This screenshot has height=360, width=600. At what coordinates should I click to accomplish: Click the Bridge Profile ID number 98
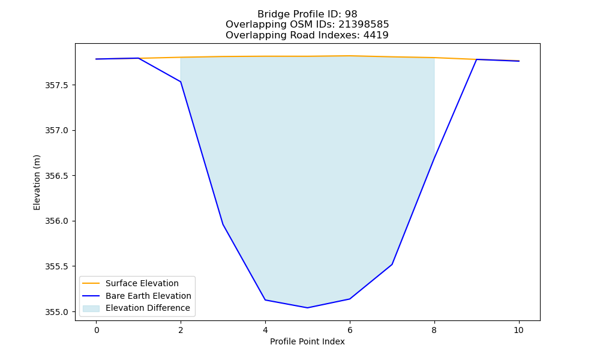(x=351, y=14)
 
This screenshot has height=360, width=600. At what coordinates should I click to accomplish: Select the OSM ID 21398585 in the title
(x=364, y=25)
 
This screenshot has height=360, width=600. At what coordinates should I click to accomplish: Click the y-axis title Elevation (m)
(x=37, y=182)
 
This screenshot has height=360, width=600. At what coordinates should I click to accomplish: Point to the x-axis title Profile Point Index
(x=307, y=341)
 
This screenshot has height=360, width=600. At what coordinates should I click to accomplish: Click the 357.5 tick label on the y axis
(x=56, y=85)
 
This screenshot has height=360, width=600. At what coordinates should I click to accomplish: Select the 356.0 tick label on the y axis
(x=56, y=221)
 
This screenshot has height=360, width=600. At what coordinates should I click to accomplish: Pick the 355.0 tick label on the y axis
(x=56, y=312)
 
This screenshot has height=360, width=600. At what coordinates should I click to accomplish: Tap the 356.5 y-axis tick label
(x=56, y=176)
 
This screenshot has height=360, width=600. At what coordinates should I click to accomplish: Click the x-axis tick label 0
(x=97, y=330)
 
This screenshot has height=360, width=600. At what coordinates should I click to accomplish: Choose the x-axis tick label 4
(x=265, y=330)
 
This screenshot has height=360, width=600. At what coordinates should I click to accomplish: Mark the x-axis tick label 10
(x=518, y=330)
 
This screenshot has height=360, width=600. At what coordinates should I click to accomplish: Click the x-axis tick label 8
(x=434, y=330)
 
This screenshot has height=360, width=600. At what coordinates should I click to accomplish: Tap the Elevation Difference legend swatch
(x=91, y=308)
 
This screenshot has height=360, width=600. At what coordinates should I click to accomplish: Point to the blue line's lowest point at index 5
(x=307, y=308)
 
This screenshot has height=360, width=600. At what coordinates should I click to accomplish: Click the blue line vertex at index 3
(x=223, y=224)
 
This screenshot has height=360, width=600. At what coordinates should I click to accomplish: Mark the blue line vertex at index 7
(x=392, y=265)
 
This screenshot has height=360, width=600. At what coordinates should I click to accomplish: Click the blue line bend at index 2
(x=181, y=82)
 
